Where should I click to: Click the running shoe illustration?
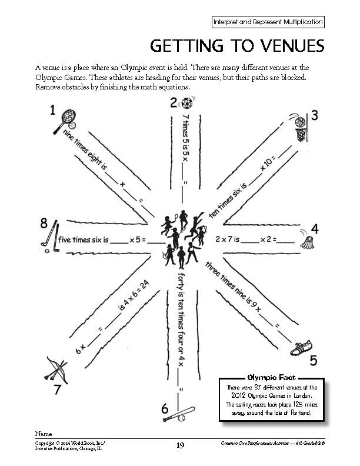[x=301, y=348]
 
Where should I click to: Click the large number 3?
[x=315, y=115]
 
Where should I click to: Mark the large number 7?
[x=57, y=390]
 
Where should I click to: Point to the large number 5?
[x=314, y=360]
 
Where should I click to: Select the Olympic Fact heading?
[x=271, y=377]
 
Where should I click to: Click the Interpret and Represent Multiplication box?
[x=268, y=22]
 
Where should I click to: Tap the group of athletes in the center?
[x=182, y=238]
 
